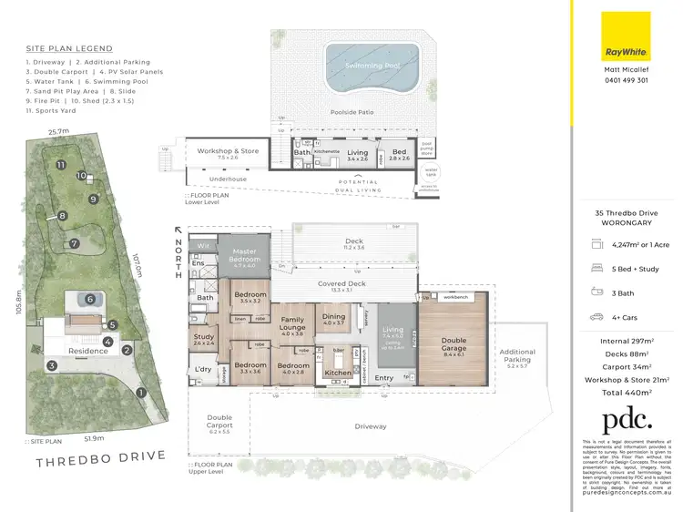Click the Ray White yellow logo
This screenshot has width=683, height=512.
coord(626,36)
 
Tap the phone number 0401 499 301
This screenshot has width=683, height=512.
coord(626,80)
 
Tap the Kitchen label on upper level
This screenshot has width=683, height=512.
coord(337,373)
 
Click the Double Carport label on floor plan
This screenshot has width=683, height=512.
coord(219,422)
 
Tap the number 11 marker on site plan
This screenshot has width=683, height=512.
coord(60,165)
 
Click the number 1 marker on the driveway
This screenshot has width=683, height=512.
coord(141,393)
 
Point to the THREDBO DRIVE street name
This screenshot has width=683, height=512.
coord(100,456)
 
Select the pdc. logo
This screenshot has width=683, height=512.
coord(626,420)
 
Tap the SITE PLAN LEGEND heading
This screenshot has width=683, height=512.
coord(70,48)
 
